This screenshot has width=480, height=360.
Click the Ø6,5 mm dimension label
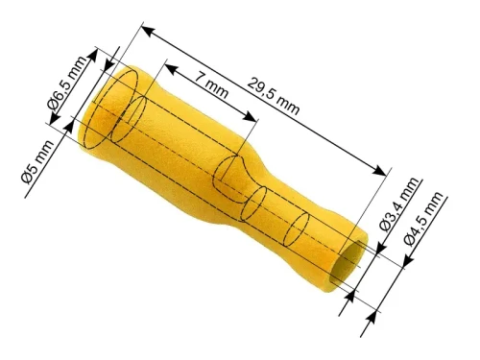coord(66,84)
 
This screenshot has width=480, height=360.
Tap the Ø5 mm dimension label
coord(37,162)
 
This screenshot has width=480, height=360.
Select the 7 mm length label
coord(211,85)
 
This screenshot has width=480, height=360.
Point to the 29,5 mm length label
coord(274,96)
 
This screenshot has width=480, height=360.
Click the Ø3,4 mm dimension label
coord(399,204)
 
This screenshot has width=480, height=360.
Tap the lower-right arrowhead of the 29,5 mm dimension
coord(379,170)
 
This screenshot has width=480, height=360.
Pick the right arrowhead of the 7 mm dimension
coord(251,116)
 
